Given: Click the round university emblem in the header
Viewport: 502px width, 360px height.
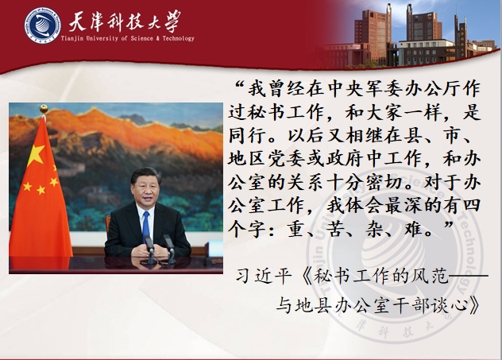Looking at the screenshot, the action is [43, 25].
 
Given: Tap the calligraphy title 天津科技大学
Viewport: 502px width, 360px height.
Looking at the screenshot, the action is [125, 21].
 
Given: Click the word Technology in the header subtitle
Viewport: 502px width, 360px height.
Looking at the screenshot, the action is [179, 38].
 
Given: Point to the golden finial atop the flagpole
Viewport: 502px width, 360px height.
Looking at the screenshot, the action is [44, 109].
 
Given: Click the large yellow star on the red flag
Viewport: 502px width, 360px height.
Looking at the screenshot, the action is [36, 155].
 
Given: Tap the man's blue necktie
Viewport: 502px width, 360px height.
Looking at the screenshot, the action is [146, 226].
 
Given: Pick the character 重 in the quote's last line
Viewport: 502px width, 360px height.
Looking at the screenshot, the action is [297, 230].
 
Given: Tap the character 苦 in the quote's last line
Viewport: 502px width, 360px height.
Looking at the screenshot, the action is [336, 230].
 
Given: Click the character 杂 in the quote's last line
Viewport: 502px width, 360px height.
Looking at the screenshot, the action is [375, 230].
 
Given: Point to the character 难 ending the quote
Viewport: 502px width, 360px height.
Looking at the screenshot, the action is [414, 230].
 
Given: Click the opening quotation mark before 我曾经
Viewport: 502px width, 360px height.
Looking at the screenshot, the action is [240, 85].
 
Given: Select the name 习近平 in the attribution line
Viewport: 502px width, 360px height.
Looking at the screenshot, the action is [264, 276].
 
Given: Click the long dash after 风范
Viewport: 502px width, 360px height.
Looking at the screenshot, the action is [469, 275].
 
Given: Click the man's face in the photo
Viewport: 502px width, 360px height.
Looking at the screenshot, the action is [146, 190].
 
